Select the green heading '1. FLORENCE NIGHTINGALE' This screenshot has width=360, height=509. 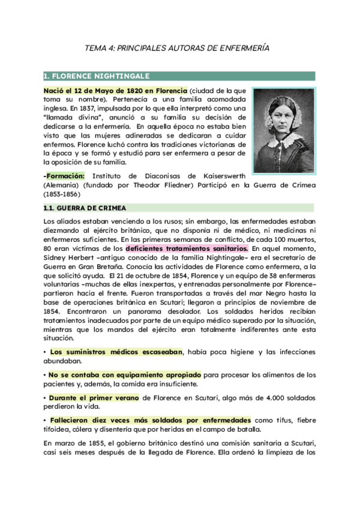tap(96, 76)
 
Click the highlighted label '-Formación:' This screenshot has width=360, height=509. tap(64, 175)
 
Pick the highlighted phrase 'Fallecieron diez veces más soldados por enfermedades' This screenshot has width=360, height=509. tap(150, 420)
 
